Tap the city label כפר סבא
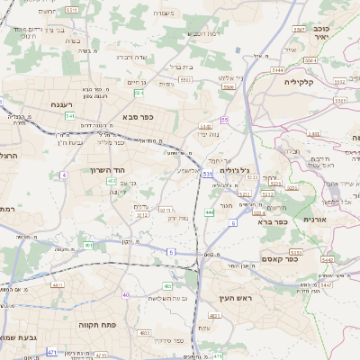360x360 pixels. [x=141, y=116]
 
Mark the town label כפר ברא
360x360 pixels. [x=273, y=220]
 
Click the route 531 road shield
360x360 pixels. [x=207, y=173]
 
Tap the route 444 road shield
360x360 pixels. [x=209, y=212]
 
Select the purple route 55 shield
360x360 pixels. [x=224, y=120]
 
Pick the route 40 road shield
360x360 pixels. [x=126, y=295]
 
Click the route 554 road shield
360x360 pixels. [x=139, y=93]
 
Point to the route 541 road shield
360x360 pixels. [x=69, y=116]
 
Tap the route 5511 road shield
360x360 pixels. [x=72, y=9]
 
